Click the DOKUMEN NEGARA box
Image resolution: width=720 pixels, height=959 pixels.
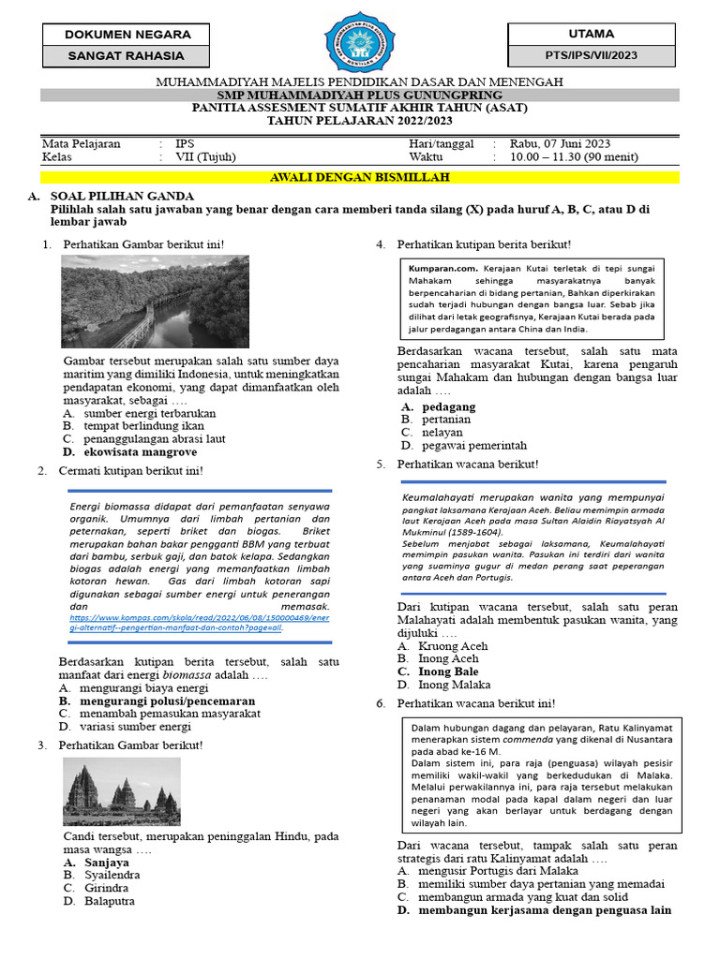click(x=127, y=35)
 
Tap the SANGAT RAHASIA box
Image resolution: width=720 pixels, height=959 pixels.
click(x=127, y=56)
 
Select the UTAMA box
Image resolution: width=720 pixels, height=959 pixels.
click(x=591, y=34)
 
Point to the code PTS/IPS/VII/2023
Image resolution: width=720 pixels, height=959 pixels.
click(x=591, y=56)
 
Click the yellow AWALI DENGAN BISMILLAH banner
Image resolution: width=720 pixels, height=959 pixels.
click(x=360, y=177)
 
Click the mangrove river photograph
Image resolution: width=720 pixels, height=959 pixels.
click(x=155, y=302)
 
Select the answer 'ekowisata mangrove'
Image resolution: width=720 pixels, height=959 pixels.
click(x=141, y=451)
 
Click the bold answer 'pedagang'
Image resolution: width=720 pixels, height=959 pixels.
click(x=448, y=406)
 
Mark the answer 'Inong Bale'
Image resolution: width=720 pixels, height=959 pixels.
click(x=448, y=671)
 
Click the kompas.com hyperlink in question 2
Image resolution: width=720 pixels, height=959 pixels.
click(x=199, y=623)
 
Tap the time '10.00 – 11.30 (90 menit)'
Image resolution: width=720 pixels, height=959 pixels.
click(x=574, y=157)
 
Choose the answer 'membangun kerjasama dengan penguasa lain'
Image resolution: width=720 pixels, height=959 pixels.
click(x=545, y=909)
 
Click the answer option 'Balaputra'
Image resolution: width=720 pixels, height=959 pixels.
click(x=109, y=901)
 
